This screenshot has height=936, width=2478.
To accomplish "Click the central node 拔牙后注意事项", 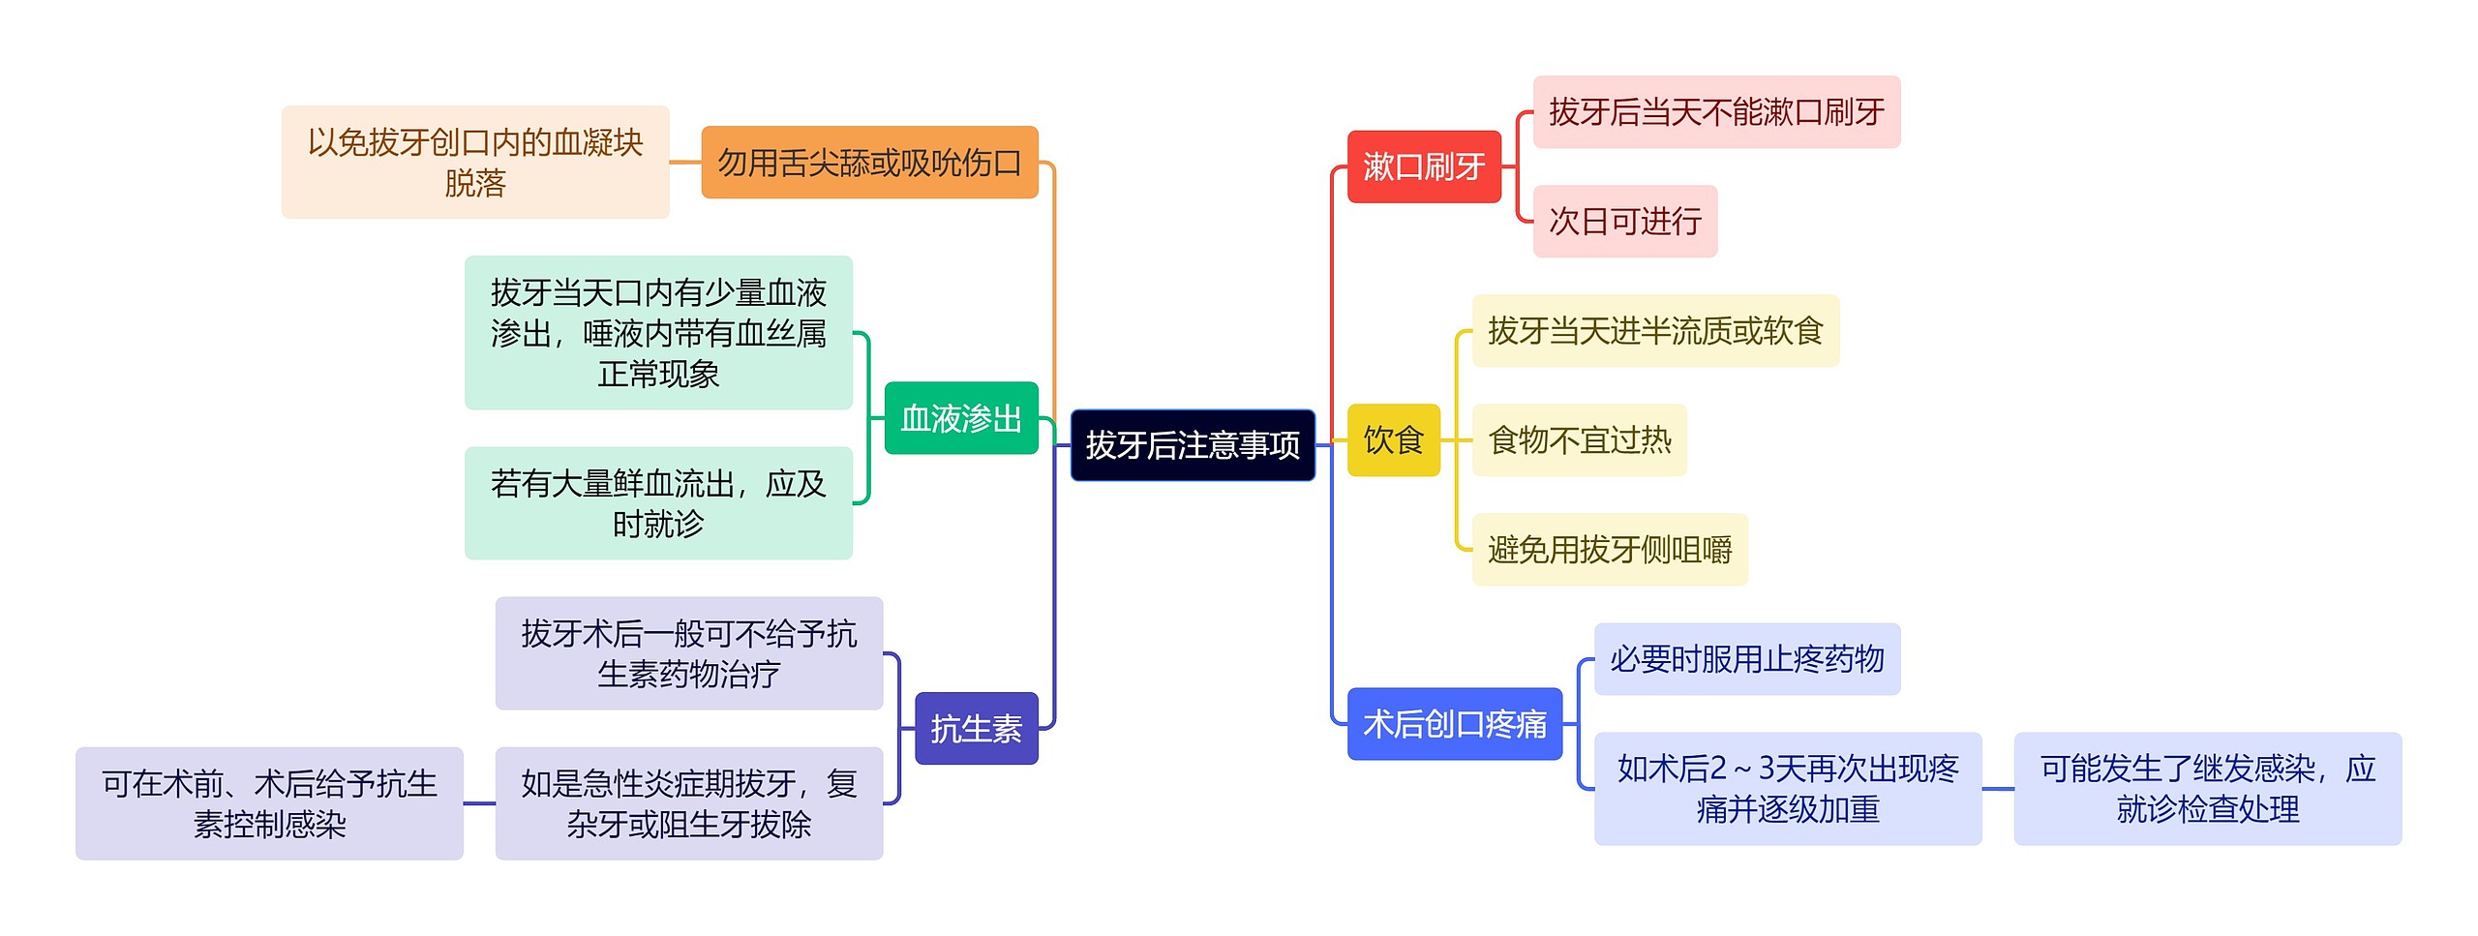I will coord(1192,445).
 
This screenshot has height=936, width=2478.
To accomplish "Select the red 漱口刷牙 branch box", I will coord(1423,166).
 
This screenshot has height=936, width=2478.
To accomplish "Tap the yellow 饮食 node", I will coord(1393,440).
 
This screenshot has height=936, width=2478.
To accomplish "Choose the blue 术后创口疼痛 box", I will coord(1454,724).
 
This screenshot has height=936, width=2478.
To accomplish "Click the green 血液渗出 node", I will coord(960,418).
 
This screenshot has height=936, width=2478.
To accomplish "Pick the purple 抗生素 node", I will coord(976,729).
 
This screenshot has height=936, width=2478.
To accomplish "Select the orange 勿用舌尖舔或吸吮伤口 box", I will coord(868,163).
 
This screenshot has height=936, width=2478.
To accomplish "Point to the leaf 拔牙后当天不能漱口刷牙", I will coord(1715,112).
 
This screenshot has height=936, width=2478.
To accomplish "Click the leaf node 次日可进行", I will coord(1624,222).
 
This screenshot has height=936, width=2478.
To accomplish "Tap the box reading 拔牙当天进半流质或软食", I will coord(1654,331).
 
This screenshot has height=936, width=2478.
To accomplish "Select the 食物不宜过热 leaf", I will coord(1579,440).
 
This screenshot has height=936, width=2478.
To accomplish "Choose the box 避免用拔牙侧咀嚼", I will coord(1609,550).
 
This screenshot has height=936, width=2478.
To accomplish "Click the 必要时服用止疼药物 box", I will coord(1746,659).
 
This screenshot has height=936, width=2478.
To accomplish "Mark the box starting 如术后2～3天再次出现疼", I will coord(1787,789).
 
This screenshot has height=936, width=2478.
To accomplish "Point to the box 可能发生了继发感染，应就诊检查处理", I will coord(2207,789).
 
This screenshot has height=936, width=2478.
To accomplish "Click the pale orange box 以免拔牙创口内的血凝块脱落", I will coord(474,163).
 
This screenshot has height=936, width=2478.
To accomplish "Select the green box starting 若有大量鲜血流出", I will coord(658,503).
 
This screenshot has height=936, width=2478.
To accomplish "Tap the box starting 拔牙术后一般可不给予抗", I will coord(688,653).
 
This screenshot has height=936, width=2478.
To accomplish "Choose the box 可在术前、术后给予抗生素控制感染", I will coord(269,803).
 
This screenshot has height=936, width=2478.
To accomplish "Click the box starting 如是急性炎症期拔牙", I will coord(688,803).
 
